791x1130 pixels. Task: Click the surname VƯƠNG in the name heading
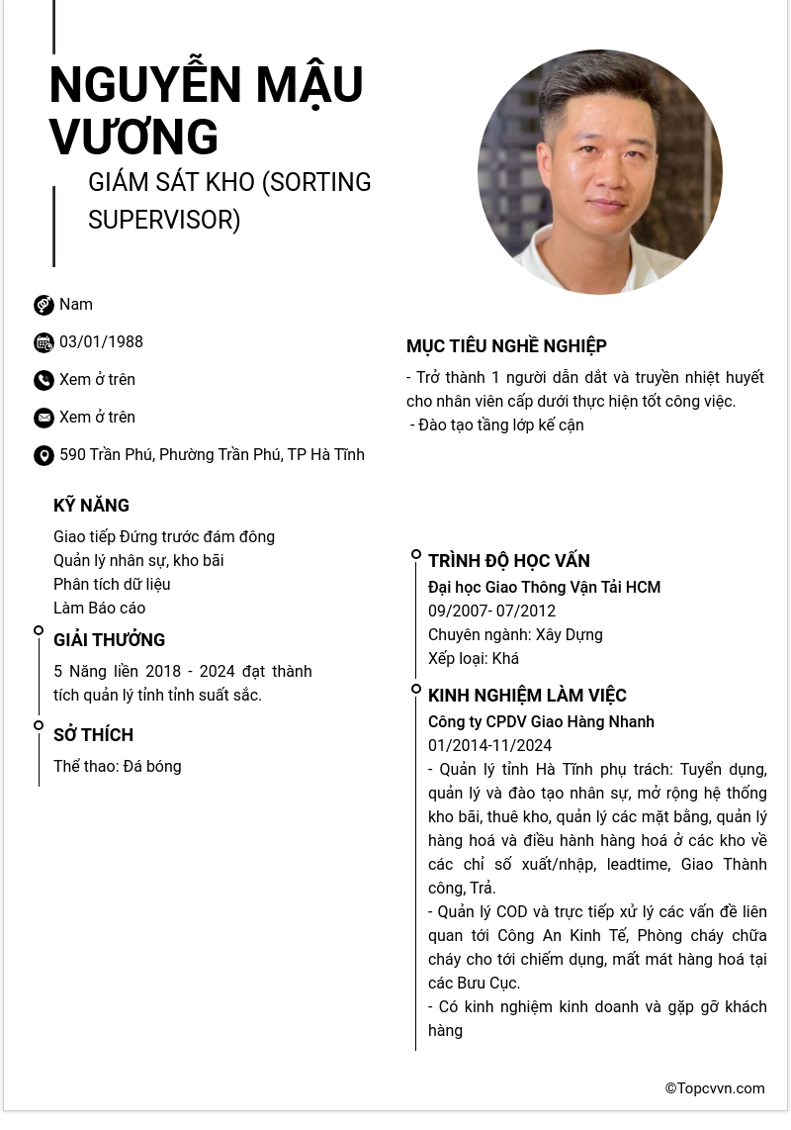pos(133,137)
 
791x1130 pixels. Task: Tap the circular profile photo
pos(599,172)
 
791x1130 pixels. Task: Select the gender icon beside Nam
pos(44,305)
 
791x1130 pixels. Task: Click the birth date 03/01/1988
pos(101,342)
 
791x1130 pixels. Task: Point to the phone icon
pos(44,380)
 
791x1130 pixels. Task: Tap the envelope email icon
pos(44,418)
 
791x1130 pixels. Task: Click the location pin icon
pos(44,455)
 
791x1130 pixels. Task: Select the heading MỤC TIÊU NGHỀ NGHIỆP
pos(506,346)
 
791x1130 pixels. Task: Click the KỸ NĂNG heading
pos(91,506)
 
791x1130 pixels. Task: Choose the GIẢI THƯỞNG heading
pos(109,640)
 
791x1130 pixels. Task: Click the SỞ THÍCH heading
pos(93,735)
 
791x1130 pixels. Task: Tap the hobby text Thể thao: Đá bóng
pos(118,767)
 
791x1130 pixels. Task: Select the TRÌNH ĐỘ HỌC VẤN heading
pos(508,561)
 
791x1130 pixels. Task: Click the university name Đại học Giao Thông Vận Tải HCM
pos(544,588)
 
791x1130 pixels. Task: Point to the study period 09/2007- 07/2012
pos(491,612)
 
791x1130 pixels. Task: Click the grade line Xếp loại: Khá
pos(473,659)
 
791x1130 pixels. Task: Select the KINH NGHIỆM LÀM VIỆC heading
pos(527,696)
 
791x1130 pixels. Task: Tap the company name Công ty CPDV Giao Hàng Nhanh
pos(541,722)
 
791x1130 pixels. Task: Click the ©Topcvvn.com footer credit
pos(714,1088)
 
